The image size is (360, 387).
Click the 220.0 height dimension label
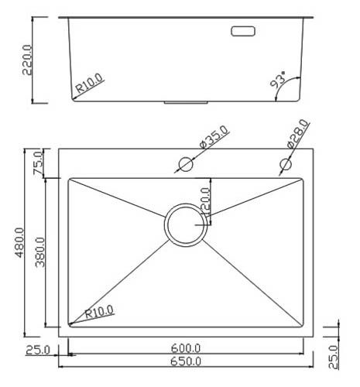[x=27, y=60]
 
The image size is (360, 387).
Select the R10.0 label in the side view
[x=90, y=83]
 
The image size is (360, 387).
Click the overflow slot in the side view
[x=243, y=31]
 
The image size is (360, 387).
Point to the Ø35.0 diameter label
[x=214, y=137]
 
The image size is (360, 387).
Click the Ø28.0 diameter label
[x=298, y=134]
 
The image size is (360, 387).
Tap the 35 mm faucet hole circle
[x=186, y=164]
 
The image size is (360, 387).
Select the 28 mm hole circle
[x=286, y=164]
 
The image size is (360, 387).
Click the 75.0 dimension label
[x=38, y=163]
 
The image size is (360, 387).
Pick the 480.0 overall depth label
[x=19, y=242]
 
